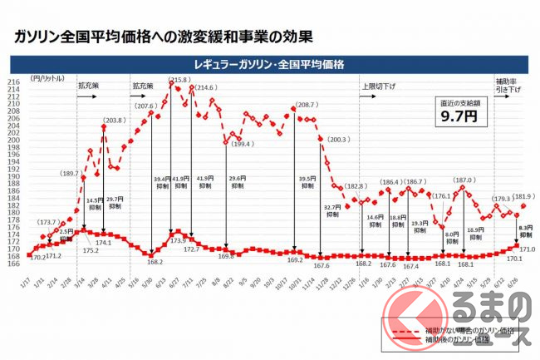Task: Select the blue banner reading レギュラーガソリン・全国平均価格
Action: coord(269,64)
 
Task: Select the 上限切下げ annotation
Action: coord(378,86)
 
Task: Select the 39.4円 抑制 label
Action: coord(160,182)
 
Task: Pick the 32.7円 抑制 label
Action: coord(332,210)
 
